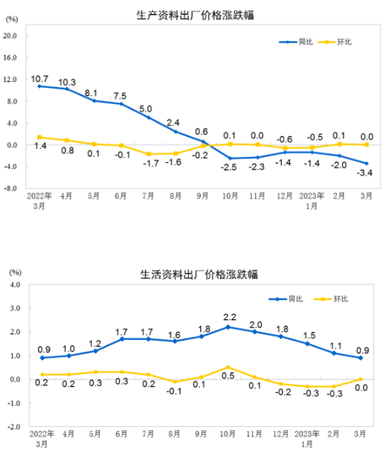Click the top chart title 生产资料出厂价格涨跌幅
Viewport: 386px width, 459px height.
196,15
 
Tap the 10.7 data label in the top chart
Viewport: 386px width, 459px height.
39,78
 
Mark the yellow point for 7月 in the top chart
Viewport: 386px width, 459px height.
148,154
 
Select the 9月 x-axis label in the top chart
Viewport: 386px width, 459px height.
202,198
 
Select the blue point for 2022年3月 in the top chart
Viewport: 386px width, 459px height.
39,86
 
